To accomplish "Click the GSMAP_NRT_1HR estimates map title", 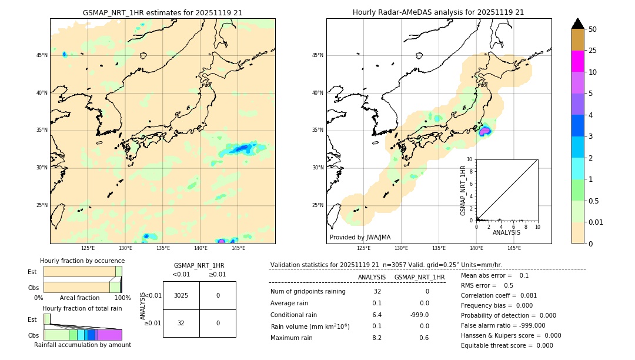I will pos(162,12).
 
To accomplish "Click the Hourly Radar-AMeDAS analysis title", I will pos(438,12).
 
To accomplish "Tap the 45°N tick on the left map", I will pos(42,55).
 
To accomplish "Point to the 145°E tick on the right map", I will pos(514,248).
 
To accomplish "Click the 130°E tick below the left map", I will pos(125,248).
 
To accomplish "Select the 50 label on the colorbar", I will pos(593,29).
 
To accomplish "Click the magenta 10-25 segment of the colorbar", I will pos(577,61).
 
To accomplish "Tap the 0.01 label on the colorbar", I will pos(596,222).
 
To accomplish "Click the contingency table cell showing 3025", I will pos(181,295).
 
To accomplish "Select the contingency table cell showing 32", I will pos(181,323).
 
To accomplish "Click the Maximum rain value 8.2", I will pos(377,338).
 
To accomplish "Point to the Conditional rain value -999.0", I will pos(419,315).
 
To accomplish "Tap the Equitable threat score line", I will pos(507,345).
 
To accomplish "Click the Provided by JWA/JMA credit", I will pos(360,237).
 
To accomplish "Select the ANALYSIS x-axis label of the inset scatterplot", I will pos(506,232).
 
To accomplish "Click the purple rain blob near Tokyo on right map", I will pos(484,131).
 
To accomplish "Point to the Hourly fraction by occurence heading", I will pos(82,261).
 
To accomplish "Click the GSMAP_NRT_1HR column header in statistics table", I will pos(419,277).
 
